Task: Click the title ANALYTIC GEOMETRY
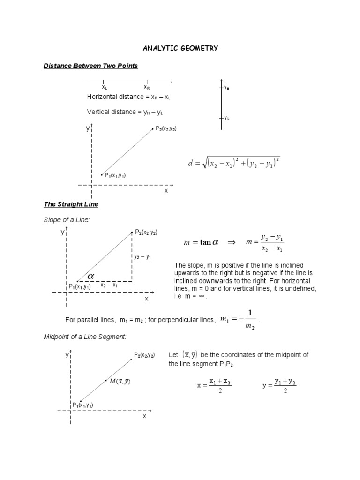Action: (x=180, y=48)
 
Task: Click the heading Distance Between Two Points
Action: (x=90, y=66)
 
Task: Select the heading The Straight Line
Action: (x=71, y=204)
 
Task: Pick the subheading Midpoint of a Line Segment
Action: (x=84, y=337)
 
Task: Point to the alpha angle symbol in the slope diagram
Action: (x=90, y=276)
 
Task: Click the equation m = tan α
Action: (x=201, y=242)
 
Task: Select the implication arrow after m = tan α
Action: (x=231, y=242)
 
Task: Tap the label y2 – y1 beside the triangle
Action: (x=142, y=257)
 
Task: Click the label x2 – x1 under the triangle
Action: (x=109, y=285)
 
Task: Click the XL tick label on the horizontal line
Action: (x=105, y=87)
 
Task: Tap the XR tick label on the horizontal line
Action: (x=147, y=87)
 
